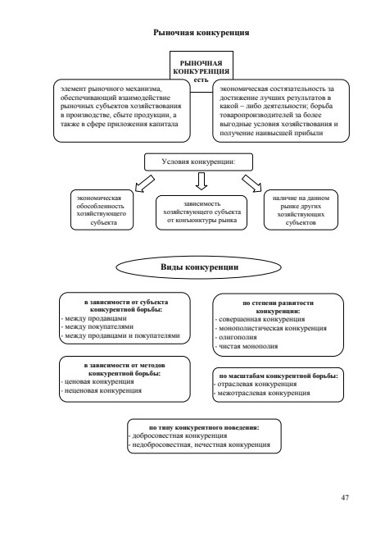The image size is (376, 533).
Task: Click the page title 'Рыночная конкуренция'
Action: (201, 33)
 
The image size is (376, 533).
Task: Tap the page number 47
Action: (345, 498)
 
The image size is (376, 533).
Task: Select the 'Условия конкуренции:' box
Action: (199, 162)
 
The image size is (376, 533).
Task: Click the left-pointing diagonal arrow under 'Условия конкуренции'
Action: (144, 184)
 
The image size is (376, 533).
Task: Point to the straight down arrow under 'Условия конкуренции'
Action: (202, 181)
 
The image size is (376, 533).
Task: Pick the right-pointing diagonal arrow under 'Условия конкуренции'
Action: (251, 184)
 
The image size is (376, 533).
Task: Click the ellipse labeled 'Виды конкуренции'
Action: (199, 267)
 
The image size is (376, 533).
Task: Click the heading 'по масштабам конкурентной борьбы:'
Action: (279, 376)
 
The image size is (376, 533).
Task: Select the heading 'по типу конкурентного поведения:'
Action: (204, 427)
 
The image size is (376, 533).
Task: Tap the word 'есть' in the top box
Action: (201, 80)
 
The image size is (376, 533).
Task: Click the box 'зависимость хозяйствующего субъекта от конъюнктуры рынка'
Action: (202, 213)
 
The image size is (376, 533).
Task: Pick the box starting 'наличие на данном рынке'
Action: (301, 210)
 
